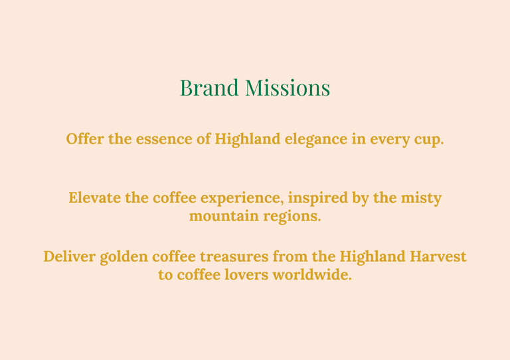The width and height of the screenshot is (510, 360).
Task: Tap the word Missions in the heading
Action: pyautogui.click(x=288, y=88)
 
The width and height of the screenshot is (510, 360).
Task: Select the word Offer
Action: pyautogui.click(x=85, y=139)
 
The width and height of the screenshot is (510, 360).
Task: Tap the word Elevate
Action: pyautogui.click(x=94, y=198)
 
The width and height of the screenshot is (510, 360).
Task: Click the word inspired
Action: pyautogui.click(x=318, y=199)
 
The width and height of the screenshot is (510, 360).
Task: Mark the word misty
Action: pyautogui.click(x=421, y=199)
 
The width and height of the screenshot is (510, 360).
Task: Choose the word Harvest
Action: pyautogui.click(x=438, y=256)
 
